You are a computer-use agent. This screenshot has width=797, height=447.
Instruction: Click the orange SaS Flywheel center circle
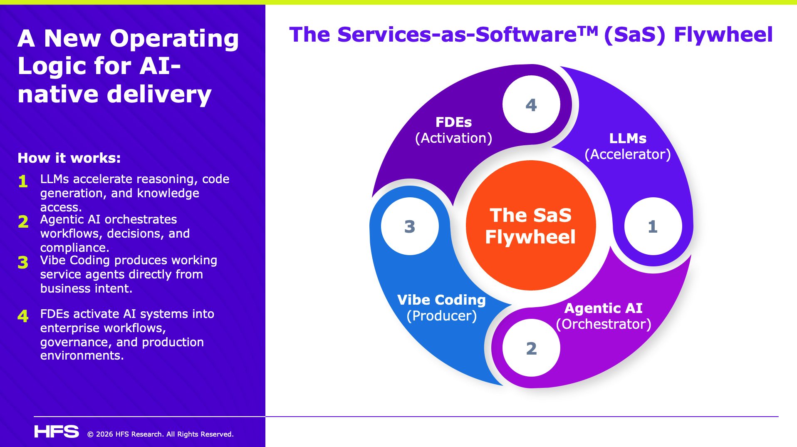pos(531,226)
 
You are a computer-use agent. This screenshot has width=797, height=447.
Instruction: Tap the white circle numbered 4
pos(531,104)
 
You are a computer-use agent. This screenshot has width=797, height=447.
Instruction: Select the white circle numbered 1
pos(653,226)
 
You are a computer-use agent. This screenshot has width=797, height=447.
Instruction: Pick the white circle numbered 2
pos(531,348)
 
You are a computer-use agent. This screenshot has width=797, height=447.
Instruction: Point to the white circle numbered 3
pos(410,226)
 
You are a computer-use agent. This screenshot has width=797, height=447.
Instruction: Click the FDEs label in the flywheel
pos(453,122)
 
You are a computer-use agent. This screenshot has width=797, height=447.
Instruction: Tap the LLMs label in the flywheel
pos(628,139)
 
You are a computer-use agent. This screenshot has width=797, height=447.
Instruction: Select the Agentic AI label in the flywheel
pos(603,308)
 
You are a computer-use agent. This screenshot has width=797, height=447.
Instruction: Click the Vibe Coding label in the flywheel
pos(441,300)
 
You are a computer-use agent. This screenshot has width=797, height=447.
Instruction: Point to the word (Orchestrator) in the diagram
pos(604,324)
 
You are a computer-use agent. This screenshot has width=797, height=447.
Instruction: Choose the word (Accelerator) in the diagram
pos(628,154)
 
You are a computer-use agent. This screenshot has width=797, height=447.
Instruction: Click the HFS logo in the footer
pos(57,432)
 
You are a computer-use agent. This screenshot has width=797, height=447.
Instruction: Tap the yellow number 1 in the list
pos(23,181)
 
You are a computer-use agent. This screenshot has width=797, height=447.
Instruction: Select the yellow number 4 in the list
pos(23,316)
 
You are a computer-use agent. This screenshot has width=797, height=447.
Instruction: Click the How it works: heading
pos(69,158)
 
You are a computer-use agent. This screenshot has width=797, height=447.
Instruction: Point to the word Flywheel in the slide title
pos(723,35)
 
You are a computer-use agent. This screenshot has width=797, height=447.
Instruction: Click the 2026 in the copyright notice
pos(104,434)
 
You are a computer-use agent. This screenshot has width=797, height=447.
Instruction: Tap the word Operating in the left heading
pos(174,38)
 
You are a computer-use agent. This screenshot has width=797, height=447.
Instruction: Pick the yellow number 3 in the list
pos(23,263)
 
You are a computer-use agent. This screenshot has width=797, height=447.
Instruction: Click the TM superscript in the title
pos(588,30)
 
